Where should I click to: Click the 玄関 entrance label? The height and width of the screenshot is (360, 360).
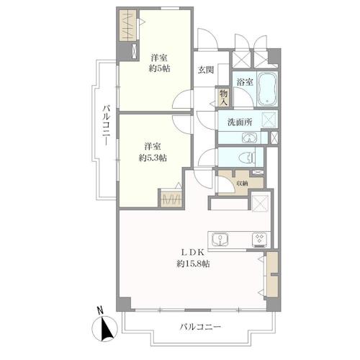206,70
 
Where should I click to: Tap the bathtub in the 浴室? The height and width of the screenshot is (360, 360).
267,89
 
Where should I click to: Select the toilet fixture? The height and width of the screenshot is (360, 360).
247,158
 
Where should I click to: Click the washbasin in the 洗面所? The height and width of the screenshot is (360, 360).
249,138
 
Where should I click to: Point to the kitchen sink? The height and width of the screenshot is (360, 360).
220,240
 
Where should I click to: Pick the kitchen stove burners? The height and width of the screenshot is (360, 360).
259,240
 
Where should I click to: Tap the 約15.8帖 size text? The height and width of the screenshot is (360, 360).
193,264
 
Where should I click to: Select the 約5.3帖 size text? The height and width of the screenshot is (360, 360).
153,158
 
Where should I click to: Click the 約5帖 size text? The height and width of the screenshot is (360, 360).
159,68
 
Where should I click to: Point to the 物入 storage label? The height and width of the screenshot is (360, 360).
223,98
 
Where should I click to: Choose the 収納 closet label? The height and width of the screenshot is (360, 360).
242,184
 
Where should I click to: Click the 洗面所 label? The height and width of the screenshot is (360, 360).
240,122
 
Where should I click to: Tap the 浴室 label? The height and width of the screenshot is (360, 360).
245,82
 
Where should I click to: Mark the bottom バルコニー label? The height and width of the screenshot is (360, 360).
200,327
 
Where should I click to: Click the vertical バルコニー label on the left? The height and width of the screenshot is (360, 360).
107,125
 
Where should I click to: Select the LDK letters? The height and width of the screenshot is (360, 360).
193,252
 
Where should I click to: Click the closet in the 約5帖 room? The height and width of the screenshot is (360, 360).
128,25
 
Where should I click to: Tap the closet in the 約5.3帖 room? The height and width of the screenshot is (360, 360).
171,199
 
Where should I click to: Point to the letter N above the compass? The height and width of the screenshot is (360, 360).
100,310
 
